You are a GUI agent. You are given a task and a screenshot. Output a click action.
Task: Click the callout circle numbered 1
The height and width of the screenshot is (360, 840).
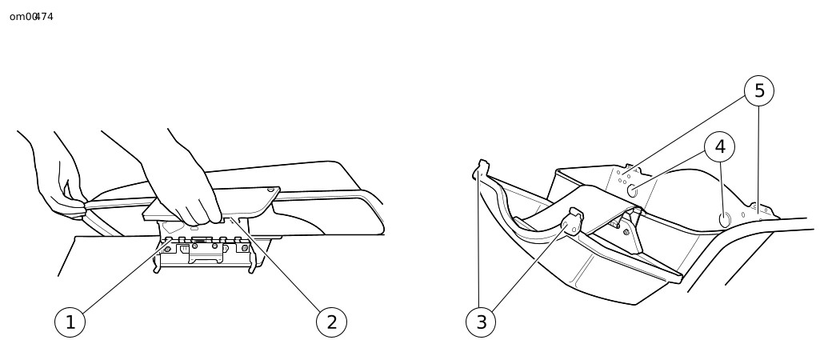pyautogui.click(x=70, y=322)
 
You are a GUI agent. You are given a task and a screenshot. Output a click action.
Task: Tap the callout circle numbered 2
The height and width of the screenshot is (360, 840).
pyautogui.click(x=332, y=322)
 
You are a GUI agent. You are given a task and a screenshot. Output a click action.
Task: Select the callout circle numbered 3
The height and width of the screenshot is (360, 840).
pyautogui.click(x=481, y=322)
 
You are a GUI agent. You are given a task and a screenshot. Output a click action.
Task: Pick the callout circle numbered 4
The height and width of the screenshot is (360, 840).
pyautogui.click(x=719, y=146)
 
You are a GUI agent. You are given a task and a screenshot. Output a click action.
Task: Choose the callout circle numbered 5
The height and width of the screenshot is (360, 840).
pyautogui.click(x=759, y=90)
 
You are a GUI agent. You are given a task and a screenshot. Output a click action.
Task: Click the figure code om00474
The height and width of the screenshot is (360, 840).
pyautogui.click(x=32, y=17)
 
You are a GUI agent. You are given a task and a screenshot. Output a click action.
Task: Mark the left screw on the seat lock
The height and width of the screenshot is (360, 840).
pyautogui.click(x=168, y=249)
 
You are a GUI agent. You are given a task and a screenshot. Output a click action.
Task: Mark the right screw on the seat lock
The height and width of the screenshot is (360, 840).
pyautogui.click(x=245, y=248)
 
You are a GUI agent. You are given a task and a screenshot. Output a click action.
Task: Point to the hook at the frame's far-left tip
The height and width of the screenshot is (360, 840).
pyautogui.click(x=480, y=169)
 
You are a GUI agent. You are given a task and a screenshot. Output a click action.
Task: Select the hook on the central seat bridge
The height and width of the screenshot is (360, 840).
pyautogui.click(x=574, y=221)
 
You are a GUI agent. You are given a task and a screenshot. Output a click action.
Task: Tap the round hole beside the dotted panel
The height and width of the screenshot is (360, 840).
pyautogui.click(x=632, y=190)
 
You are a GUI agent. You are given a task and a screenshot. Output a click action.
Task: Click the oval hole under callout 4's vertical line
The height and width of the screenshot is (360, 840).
pyautogui.click(x=724, y=220)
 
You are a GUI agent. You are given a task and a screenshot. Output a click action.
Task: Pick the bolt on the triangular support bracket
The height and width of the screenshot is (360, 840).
pyautogui.click(x=626, y=232)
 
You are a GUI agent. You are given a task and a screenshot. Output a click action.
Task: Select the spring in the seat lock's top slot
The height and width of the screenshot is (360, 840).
pyautogui.click(x=198, y=242)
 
